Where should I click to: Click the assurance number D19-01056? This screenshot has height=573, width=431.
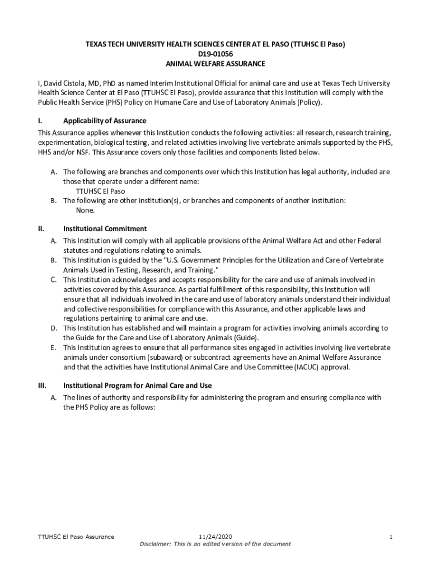(x=215, y=54)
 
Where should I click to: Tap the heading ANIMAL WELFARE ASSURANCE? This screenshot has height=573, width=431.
(x=215, y=64)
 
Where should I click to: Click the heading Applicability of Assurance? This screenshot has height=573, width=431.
(x=105, y=121)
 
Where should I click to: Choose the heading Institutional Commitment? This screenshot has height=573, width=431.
(x=105, y=228)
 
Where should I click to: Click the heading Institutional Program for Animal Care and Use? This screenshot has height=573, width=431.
(x=138, y=386)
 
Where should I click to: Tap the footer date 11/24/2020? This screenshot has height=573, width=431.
(x=215, y=537)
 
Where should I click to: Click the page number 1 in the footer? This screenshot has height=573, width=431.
(x=391, y=537)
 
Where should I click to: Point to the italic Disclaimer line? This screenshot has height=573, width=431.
(x=215, y=544)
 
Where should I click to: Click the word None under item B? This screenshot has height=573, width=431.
(x=85, y=210)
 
